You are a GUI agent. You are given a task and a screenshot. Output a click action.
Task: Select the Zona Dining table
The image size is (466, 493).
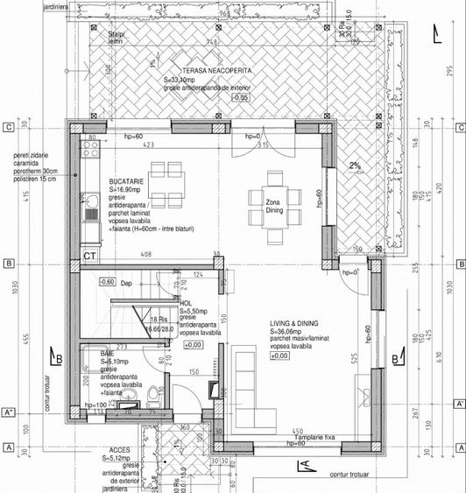point(273,208)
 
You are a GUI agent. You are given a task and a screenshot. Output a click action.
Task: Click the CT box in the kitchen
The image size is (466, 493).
point(89,256)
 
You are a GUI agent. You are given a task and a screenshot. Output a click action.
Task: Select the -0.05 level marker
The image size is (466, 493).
point(239,97)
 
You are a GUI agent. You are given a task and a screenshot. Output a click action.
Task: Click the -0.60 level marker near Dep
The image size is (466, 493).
point(108,282)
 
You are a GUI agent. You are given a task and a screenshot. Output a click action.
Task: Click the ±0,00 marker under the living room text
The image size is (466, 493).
point(279,356)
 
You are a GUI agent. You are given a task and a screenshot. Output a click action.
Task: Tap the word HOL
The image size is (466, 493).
point(185,303)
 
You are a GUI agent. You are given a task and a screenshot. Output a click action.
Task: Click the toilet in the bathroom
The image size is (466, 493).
point(154,392)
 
